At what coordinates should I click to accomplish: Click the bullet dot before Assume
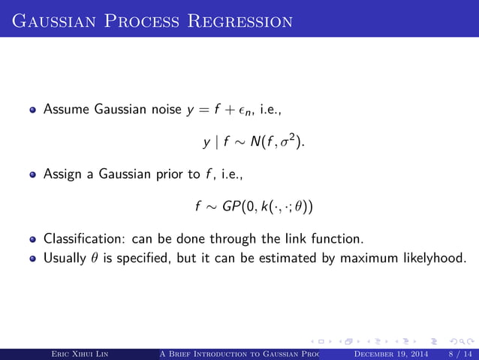coord(33,111)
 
